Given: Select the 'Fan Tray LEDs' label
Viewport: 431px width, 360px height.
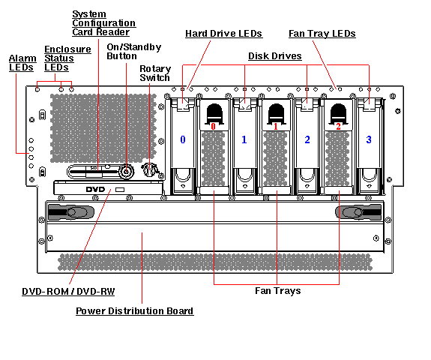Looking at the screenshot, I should pyautogui.click(x=322, y=34).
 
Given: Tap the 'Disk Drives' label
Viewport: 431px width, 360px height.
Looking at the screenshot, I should pyautogui.click(x=275, y=56).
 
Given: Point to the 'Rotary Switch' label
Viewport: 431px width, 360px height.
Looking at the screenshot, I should pyautogui.click(x=155, y=73).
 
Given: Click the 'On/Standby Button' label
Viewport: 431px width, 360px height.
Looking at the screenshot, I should pyautogui.click(x=133, y=51).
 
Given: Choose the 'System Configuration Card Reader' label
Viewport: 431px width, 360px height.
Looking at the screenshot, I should pyautogui.click(x=100, y=22).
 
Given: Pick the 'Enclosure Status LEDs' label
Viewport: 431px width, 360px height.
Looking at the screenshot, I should pyautogui.click(x=67, y=58).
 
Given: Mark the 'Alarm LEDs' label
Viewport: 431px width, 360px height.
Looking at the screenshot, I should pyautogui.click(x=21, y=63).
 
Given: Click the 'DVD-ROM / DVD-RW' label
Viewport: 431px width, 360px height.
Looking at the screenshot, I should pyautogui.click(x=68, y=291).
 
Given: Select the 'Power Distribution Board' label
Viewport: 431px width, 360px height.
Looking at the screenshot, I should pyautogui.click(x=135, y=310).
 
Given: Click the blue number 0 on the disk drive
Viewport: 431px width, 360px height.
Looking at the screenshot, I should pyautogui.click(x=182, y=139).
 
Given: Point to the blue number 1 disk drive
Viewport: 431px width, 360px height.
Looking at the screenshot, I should pyautogui.click(x=244, y=139).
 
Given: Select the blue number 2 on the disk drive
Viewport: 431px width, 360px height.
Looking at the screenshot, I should pyautogui.click(x=307, y=139).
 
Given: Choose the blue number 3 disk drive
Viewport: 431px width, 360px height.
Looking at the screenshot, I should pyautogui.click(x=369, y=139).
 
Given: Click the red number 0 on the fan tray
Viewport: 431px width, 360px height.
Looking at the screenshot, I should pyautogui.click(x=213, y=126).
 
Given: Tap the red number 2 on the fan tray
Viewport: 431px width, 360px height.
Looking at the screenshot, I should pyautogui.click(x=338, y=126).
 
